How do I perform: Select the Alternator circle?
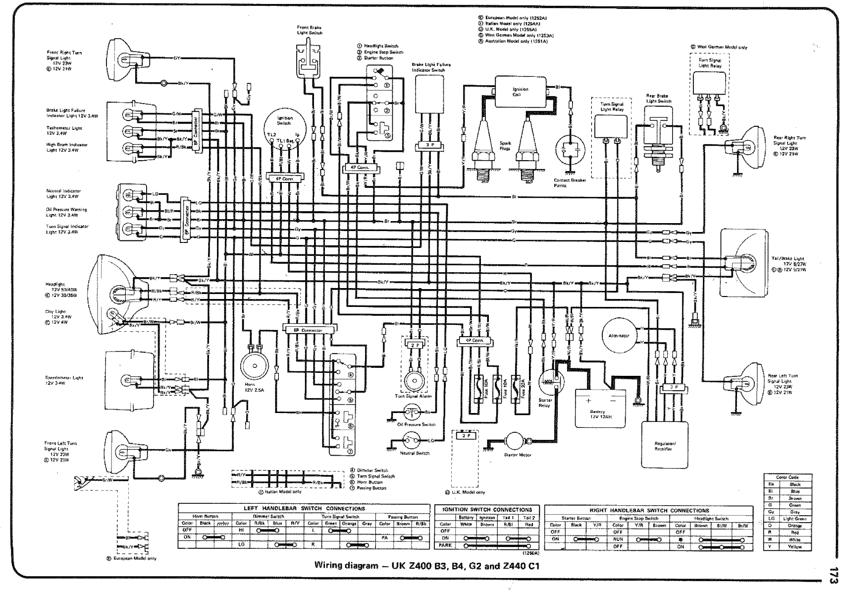point(618,336)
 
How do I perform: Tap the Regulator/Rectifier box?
point(664,444)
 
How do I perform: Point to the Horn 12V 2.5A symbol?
point(254,366)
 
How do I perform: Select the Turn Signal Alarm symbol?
point(413,381)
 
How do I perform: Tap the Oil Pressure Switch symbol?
point(412,412)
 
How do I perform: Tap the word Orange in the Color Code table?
point(794,525)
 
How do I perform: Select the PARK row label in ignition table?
point(445,545)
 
